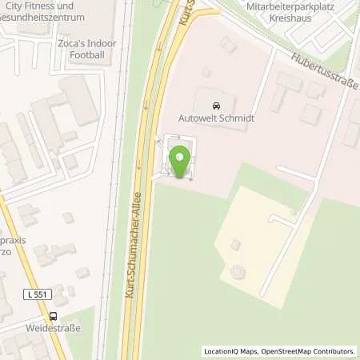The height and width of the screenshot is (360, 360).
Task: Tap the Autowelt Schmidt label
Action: tap(215, 118)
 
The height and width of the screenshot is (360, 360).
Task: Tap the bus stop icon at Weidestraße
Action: tap(53, 316)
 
